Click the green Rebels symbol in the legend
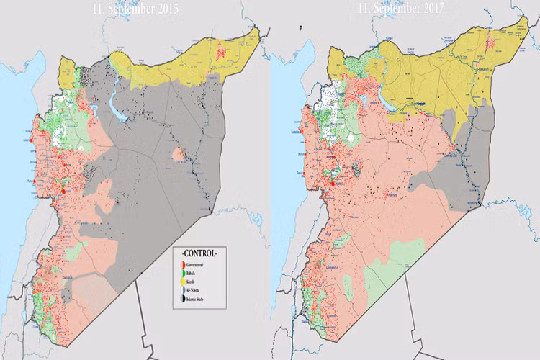(183, 274)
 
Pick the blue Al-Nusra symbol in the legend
(183, 290)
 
